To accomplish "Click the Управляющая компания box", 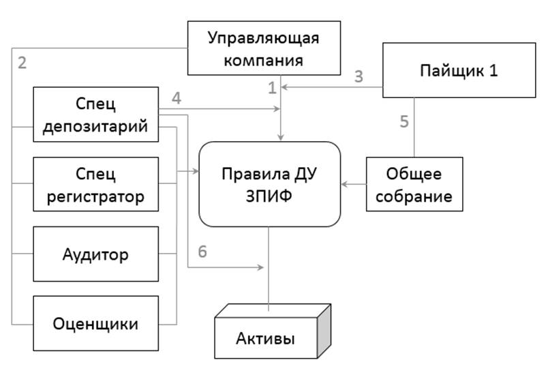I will tap(264, 48).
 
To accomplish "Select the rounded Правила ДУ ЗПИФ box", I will tap(270, 184).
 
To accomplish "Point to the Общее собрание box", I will tap(414, 184).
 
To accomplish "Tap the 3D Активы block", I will tap(266, 338).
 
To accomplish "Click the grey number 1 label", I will tap(273, 87).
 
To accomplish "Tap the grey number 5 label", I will tap(404, 123).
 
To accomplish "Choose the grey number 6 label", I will tap(202, 252).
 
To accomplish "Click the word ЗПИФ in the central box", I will tap(270, 196).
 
